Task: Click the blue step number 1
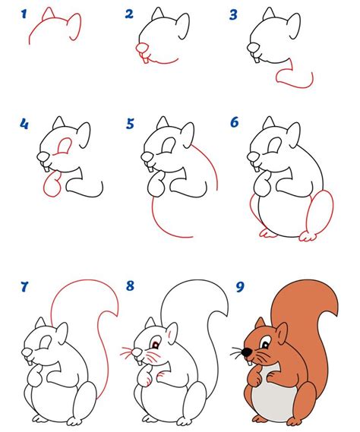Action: point(24,14)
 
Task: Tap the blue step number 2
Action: point(129,14)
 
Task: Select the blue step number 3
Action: point(234,14)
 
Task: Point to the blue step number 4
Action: point(24,122)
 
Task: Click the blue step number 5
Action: point(130,122)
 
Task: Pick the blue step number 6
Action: point(235,122)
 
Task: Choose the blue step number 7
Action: point(24,287)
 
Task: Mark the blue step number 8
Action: point(130,287)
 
